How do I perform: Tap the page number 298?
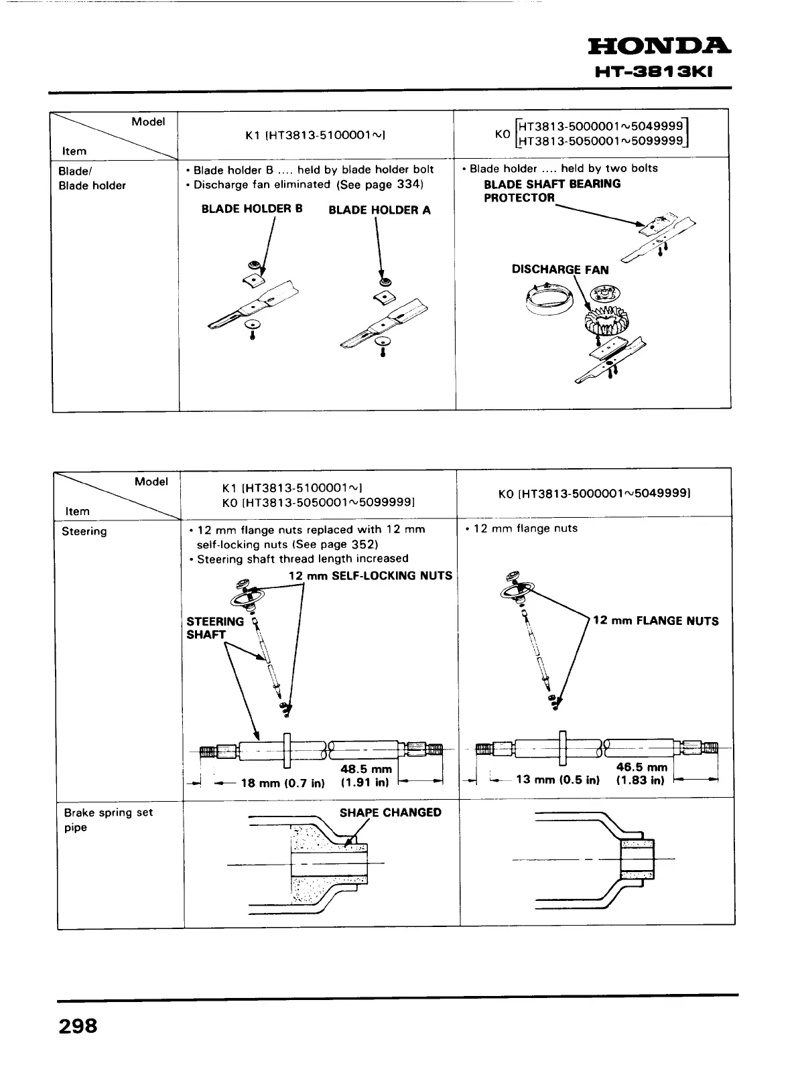click(x=78, y=1025)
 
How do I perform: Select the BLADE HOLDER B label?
click(x=252, y=209)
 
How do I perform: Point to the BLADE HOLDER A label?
click(x=379, y=210)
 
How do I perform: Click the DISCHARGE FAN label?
click(x=560, y=270)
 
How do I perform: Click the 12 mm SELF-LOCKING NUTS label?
click(x=370, y=576)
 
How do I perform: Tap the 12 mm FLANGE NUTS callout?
click(x=655, y=621)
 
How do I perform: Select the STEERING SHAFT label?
click(x=215, y=628)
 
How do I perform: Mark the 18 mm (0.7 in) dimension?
click(x=282, y=783)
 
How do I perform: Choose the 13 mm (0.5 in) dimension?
click(x=557, y=780)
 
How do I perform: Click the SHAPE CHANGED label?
click(x=390, y=813)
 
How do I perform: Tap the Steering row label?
click(x=84, y=532)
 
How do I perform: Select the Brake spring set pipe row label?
click(x=108, y=820)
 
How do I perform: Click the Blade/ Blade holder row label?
click(x=92, y=178)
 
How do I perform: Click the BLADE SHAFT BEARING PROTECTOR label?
click(x=551, y=191)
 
